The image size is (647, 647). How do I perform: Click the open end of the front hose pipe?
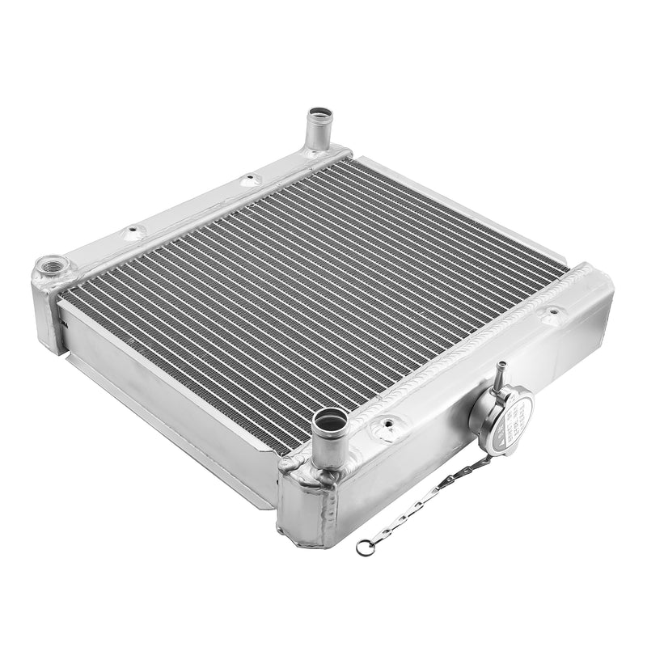point(330,419)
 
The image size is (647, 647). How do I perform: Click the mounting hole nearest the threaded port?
point(133,232)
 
